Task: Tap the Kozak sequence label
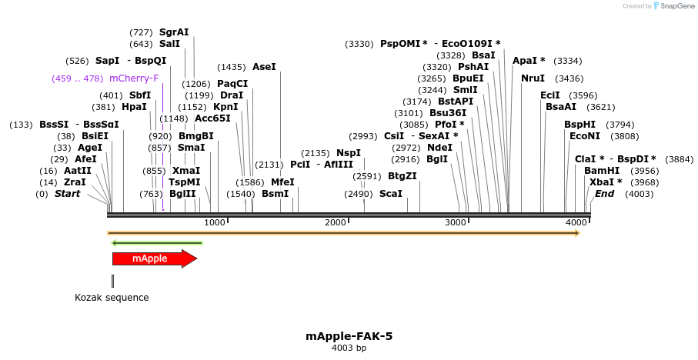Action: pyautogui.click(x=112, y=298)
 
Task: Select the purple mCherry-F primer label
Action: pyautogui.click(x=134, y=78)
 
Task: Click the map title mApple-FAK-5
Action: pyautogui.click(x=349, y=336)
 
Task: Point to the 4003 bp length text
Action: pyautogui.click(x=349, y=348)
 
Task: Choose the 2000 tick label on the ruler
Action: pyautogui.click(x=336, y=222)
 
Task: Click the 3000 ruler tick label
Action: pyautogui.click(x=456, y=222)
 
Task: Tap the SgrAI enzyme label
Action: pyautogui.click(x=174, y=32)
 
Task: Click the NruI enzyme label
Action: pyautogui.click(x=533, y=78)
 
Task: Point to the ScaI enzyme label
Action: pyautogui.click(x=391, y=194)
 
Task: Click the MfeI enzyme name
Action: pyautogui.click(x=282, y=182)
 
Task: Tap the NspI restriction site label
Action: pyautogui.click(x=349, y=153)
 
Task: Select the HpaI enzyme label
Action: pyautogui.click(x=134, y=107)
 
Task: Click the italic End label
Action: pyautogui.click(x=605, y=194)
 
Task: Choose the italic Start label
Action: pyautogui.click(x=67, y=194)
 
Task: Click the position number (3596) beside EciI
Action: pyautogui.click(x=583, y=95)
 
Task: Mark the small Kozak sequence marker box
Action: pyautogui.click(x=112, y=281)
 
